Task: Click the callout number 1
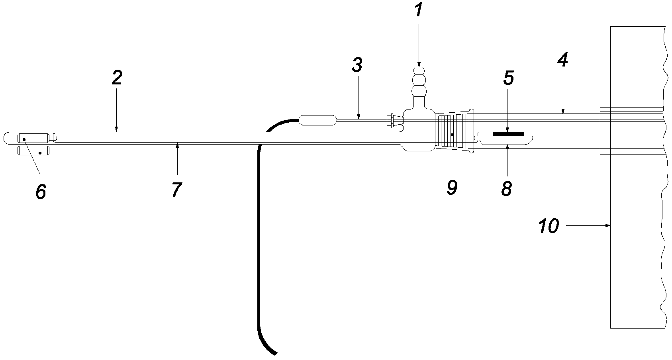click(x=418, y=10)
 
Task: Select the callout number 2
click(x=117, y=78)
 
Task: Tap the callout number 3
click(x=357, y=65)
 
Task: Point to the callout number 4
click(x=563, y=60)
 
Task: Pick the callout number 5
click(x=509, y=78)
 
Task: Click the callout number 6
click(x=41, y=191)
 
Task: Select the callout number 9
click(x=452, y=188)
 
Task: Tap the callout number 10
click(x=549, y=226)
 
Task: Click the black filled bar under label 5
click(x=509, y=134)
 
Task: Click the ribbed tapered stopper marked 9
click(x=454, y=132)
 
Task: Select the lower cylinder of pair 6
click(x=33, y=151)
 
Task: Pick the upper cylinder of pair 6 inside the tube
click(x=33, y=138)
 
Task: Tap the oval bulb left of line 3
click(x=318, y=120)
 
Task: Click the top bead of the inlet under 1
click(x=419, y=71)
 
